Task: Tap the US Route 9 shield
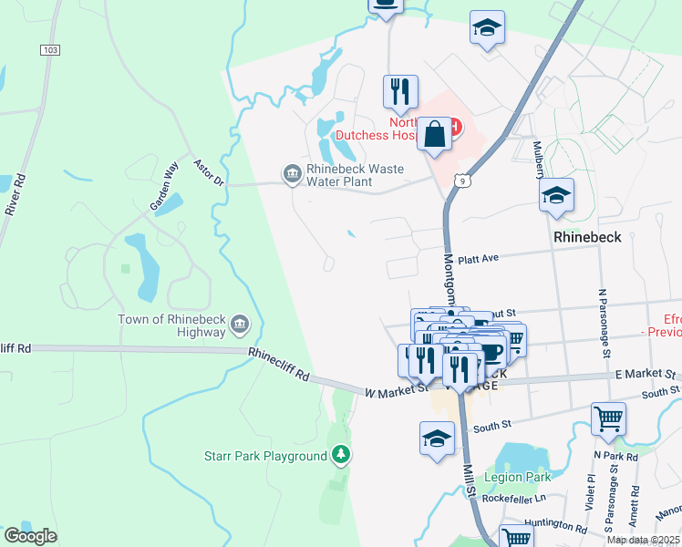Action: (465, 181)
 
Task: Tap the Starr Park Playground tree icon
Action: (340, 454)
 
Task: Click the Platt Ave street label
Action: (478, 259)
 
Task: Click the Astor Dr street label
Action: (209, 173)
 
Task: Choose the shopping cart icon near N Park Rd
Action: (608, 418)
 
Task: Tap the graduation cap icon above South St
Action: (438, 439)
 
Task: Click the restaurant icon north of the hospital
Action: (400, 91)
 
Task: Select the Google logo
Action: (30, 535)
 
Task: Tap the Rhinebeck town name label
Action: (587, 236)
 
